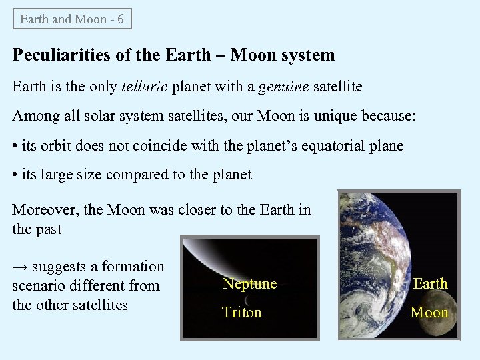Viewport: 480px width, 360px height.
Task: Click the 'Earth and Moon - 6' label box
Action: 72,19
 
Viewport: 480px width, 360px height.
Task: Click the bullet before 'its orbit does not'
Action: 16,146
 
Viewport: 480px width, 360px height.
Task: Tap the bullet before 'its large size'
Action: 16,175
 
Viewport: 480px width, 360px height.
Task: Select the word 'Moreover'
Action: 45,209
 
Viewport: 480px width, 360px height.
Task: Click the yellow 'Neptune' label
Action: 249,284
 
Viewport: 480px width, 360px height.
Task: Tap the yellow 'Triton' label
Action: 241,312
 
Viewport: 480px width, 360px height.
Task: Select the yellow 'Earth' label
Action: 430,283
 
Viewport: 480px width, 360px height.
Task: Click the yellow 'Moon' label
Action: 429,312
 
